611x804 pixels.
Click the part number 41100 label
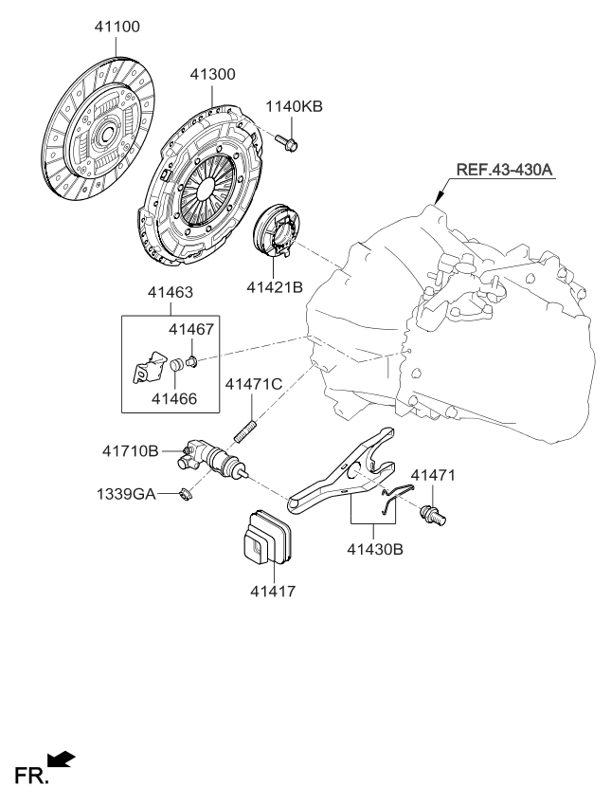[x=117, y=27]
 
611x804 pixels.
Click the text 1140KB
[x=294, y=107]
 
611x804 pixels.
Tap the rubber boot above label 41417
[x=268, y=539]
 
